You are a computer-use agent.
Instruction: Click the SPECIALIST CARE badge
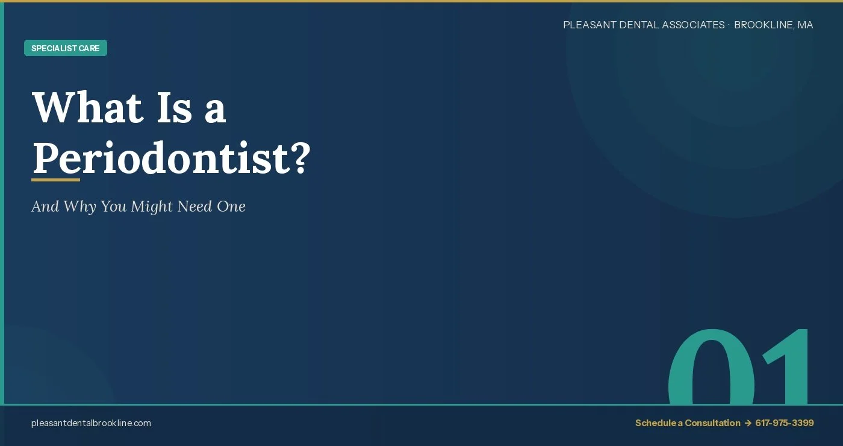(66, 48)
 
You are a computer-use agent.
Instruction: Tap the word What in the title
(87, 108)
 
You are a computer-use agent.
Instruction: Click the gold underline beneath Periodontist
(55, 180)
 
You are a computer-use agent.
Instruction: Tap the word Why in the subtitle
(79, 207)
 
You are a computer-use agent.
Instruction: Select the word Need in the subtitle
(194, 207)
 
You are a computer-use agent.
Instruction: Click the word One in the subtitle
(231, 207)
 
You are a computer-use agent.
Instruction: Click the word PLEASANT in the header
(589, 25)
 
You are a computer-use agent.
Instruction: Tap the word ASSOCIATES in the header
(693, 25)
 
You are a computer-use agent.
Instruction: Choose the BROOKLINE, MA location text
(774, 25)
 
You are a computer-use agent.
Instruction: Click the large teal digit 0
(711, 368)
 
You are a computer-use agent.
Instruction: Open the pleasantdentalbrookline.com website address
(91, 423)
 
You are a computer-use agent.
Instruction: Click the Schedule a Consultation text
(688, 423)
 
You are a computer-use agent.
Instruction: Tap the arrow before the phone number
(748, 423)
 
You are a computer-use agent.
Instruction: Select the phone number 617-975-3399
(785, 423)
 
